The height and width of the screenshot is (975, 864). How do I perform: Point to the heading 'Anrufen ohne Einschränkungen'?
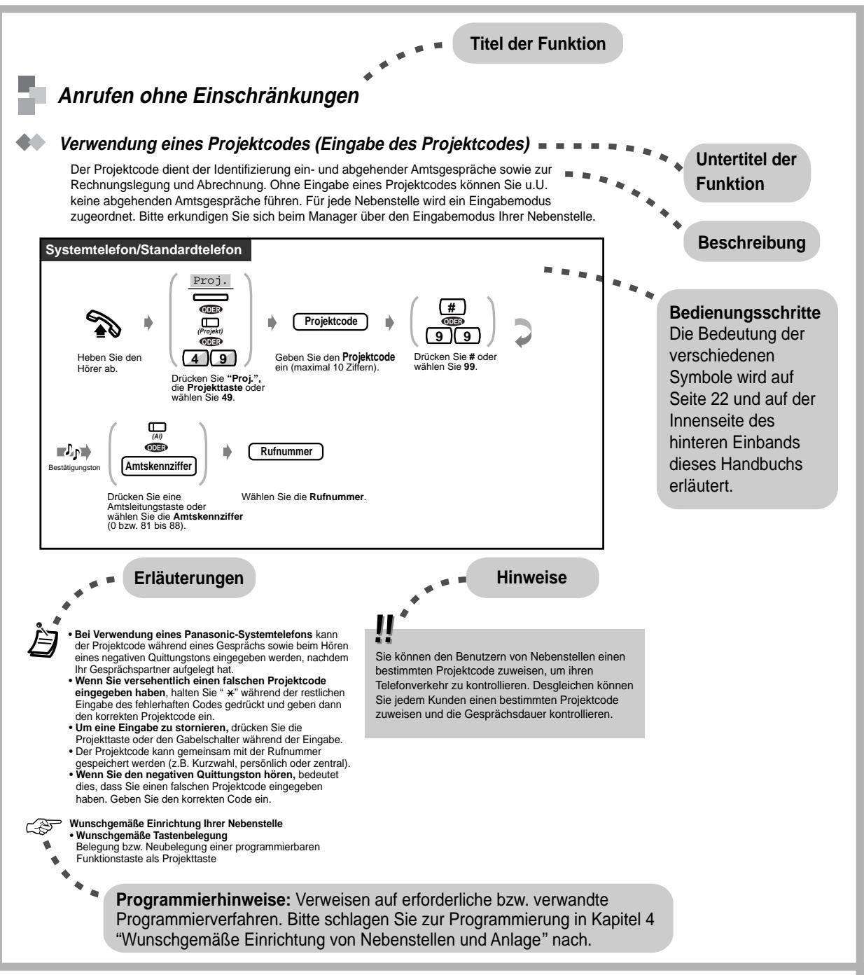209,97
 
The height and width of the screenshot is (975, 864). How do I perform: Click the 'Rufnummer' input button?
286,452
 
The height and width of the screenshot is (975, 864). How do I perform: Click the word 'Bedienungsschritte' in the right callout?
745,312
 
